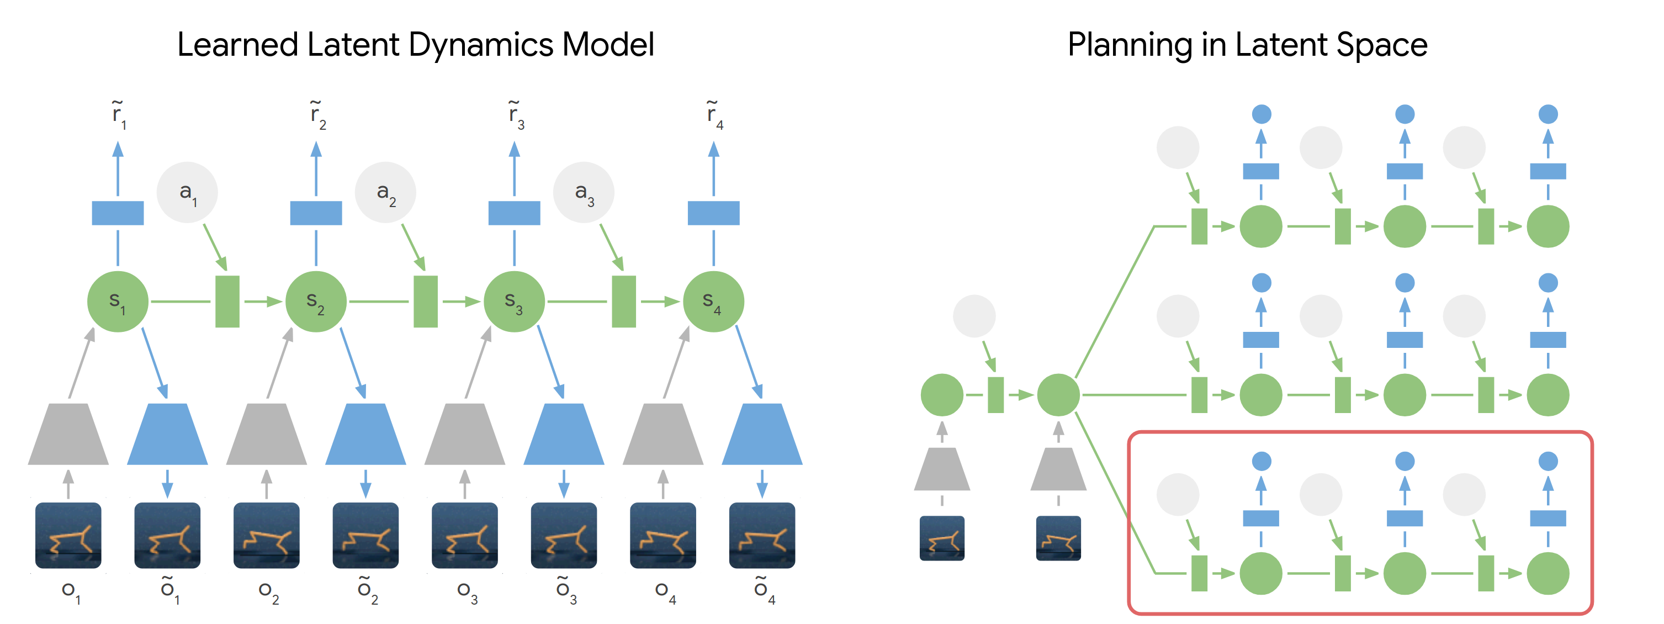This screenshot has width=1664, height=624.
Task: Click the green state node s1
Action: coord(118,302)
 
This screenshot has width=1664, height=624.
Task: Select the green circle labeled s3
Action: coord(514,302)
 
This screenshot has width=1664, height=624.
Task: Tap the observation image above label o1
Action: coord(68,536)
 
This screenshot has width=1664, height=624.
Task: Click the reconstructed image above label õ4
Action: coord(762,536)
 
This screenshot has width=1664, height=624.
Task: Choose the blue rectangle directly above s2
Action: coord(316,213)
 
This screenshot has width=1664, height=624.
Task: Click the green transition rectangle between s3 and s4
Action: coord(624,302)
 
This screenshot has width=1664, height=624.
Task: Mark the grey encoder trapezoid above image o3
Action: coord(465,434)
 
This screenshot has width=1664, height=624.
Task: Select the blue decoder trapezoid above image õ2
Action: coord(365,434)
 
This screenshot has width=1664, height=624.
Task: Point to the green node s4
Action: coord(714,302)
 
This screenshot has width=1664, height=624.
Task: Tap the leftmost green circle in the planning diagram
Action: coord(942,395)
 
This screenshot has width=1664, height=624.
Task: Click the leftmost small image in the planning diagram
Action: coord(942,537)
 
